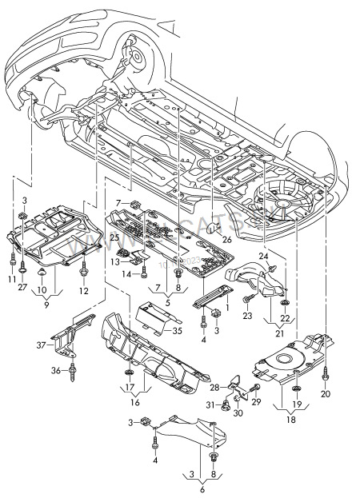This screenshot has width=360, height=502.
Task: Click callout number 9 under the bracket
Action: pyautogui.click(x=46, y=305)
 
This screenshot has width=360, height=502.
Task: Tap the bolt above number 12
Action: pyautogui.click(x=83, y=274)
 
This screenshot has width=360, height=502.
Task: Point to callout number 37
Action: pyautogui.click(x=40, y=345)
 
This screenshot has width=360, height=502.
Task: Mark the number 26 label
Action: pyautogui.click(x=226, y=238)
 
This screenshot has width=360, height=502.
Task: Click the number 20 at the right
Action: pyautogui.click(x=325, y=394)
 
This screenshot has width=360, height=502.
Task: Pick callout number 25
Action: pyautogui.click(x=114, y=238)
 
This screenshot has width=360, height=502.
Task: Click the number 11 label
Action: pyautogui.click(x=12, y=277)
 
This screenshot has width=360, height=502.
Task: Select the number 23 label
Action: pyautogui.click(x=246, y=317)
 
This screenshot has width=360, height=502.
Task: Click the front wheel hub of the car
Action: pyautogui.click(x=135, y=58)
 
